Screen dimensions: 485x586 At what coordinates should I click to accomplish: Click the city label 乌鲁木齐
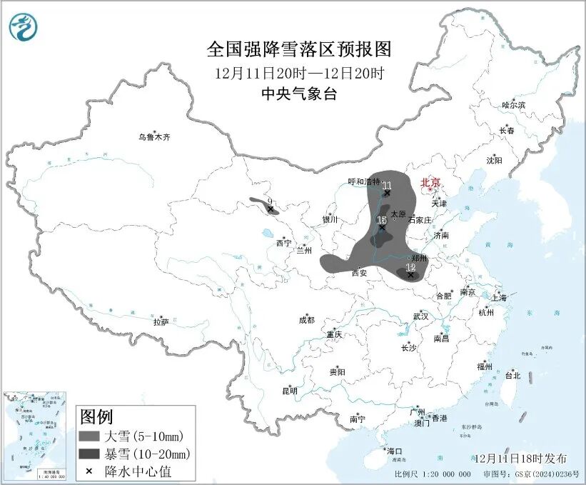(x=155, y=137)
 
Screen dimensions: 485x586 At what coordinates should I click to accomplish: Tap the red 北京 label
(x=431, y=182)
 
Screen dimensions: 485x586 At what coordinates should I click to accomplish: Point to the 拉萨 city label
(x=161, y=322)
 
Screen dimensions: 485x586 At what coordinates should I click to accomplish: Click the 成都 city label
(x=306, y=321)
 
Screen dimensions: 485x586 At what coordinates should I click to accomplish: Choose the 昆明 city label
(x=289, y=390)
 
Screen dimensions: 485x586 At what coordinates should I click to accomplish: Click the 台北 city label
(x=512, y=375)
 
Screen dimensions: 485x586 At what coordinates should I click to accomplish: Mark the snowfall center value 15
(x=382, y=220)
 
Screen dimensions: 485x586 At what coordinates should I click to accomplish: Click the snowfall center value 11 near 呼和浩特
(x=387, y=186)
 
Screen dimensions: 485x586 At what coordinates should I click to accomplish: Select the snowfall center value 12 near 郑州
(x=410, y=268)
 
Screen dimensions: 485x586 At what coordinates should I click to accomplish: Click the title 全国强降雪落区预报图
(x=299, y=49)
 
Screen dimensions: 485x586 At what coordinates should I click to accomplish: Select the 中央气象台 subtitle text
(x=299, y=94)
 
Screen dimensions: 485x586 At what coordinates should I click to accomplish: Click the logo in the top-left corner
(x=24, y=27)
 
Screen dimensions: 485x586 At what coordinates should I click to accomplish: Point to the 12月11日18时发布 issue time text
(x=520, y=458)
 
